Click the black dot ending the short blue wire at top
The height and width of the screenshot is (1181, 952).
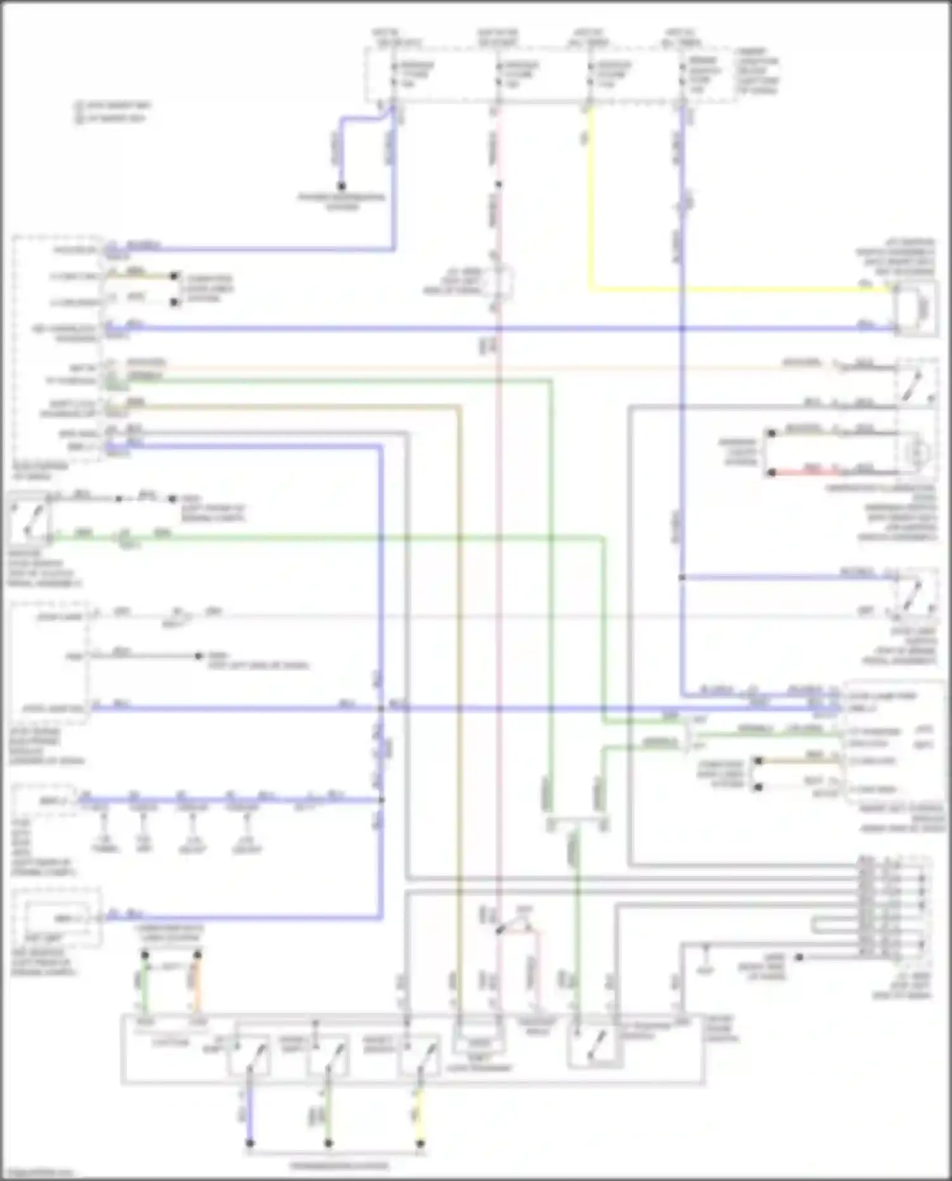coord(341,186)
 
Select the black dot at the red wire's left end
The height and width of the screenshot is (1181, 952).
coord(772,473)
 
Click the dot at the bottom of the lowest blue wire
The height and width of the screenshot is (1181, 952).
coord(249,1144)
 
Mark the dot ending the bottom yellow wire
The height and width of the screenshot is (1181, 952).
coord(420,1144)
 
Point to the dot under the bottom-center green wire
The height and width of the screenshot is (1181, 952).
coord(328,1144)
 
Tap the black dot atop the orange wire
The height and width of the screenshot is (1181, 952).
coord(197,955)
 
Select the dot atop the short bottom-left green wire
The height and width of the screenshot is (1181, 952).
coord(145,955)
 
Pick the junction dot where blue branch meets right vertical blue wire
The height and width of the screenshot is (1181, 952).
coord(682,577)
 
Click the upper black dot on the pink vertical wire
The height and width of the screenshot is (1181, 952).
coord(499,185)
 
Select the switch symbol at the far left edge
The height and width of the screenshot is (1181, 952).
coord(27,520)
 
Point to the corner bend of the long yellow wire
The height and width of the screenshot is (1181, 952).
coord(591,290)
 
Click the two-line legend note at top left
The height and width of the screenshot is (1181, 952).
coord(113,112)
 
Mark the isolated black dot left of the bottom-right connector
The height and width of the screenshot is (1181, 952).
coord(799,956)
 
